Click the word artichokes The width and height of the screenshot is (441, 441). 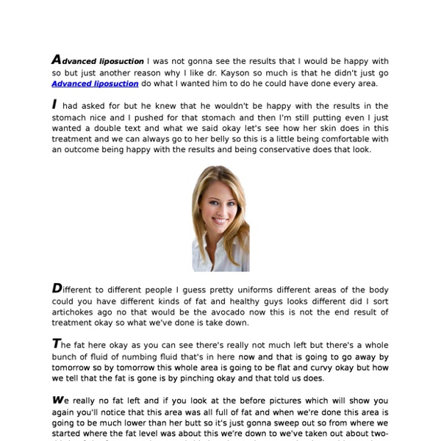77,311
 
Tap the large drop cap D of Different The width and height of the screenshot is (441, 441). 57,288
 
